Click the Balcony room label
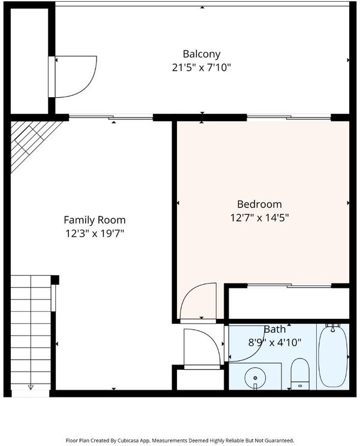(202, 54)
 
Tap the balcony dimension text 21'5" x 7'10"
(202, 68)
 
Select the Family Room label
(94, 220)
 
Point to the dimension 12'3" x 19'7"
(95, 234)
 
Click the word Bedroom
(259, 204)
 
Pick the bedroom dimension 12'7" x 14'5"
(259, 218)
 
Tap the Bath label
(275, 329)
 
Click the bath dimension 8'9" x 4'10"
(275, 342)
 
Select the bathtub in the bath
(333, 356)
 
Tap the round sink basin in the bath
(255, 378)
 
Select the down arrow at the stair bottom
(31, 387)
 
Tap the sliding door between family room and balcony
(111, 117)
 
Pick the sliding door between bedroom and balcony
(289, 117)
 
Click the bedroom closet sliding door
(289, 285)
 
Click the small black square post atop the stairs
(55, 279)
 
